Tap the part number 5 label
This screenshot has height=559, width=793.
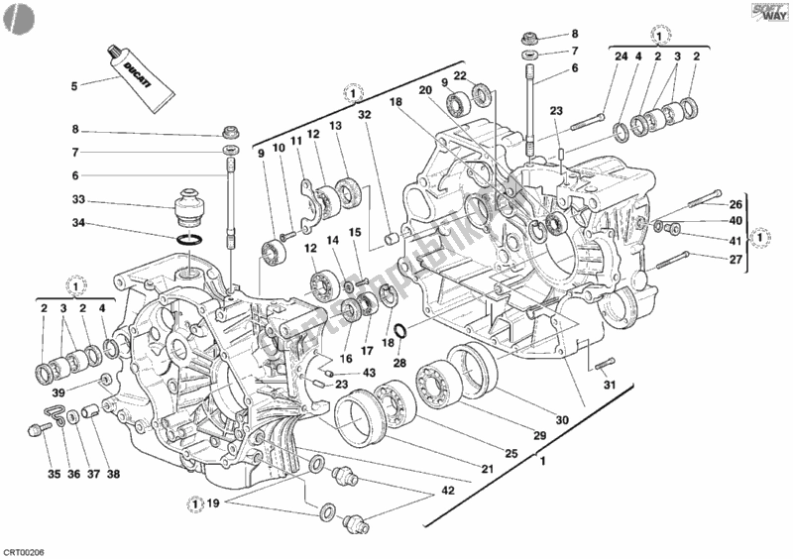point(73,85)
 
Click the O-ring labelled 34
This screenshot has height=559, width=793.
point(193,240)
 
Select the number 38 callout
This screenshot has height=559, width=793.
point(114,474)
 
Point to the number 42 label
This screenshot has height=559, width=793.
point(449,489)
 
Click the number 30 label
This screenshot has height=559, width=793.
point(562,420)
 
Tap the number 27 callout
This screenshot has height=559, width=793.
point(736,261)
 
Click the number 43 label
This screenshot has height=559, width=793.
point(369,372)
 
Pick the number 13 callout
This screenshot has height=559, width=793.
point(336,126)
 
